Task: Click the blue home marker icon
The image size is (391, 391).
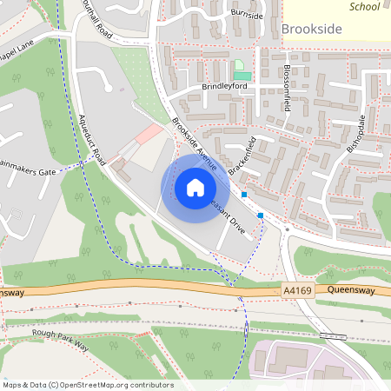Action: point(195,187)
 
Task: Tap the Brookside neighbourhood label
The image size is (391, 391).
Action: point(312,30)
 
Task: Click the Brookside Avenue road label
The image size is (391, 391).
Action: point(194,140)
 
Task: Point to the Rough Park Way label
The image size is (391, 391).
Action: point(60,339)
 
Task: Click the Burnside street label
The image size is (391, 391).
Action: point(247,13)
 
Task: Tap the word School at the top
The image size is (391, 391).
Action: point(364,6)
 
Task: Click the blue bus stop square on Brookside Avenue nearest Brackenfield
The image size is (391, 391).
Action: point(244,195)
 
